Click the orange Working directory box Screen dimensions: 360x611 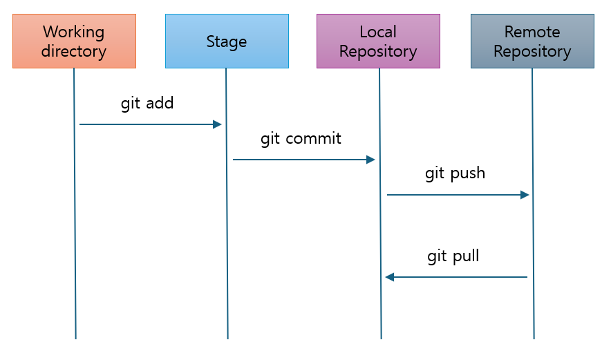coord(74,41)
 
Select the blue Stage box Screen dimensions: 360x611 coord(227,41)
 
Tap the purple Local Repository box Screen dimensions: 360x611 coord(378,41)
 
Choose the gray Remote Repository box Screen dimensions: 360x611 coord(532,41)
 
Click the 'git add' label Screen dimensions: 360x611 coord(147,104)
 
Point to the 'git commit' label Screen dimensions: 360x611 coord(301,139)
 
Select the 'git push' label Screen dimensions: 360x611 coord(455,173)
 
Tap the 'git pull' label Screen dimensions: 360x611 coord(453,257)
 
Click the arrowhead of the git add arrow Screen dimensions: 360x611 coord(217,124)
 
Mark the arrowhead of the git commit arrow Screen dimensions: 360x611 coord(370,160)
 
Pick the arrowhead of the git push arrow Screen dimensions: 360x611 coord(525,195)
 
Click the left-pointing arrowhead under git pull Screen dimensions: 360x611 coord(390,277)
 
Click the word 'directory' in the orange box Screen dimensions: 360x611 coord(74,51)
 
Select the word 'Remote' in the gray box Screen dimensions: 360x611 coord(532,32)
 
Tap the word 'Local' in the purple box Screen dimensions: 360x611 coord(378,32)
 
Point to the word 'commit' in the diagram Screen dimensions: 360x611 coord(313,139)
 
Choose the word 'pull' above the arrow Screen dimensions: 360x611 coord(464,257)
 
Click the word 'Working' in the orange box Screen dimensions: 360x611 coord(74,32)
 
